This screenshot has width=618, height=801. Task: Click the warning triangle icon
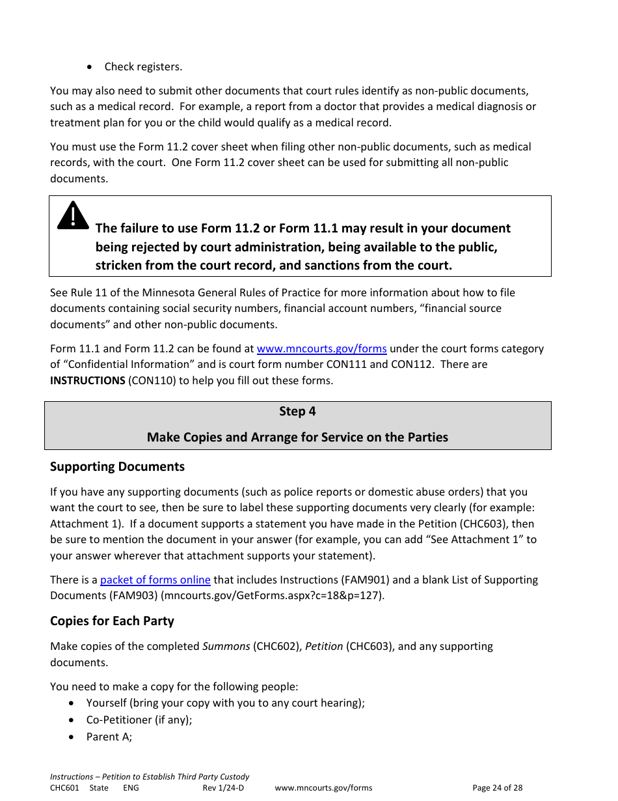73,216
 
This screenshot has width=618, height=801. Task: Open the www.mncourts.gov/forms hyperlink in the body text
321,348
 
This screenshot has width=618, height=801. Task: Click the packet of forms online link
155,580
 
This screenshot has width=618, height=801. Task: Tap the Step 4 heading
297,412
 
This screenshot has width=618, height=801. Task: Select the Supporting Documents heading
117,466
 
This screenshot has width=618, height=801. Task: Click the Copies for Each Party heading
112,621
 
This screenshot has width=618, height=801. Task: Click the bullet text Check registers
143,66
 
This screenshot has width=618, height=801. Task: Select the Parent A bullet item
109,737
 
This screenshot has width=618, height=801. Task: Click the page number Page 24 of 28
497,787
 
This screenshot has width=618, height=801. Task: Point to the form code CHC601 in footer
64,787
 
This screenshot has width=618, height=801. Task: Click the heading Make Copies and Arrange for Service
297,437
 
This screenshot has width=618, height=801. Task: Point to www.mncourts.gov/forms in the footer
323,787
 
